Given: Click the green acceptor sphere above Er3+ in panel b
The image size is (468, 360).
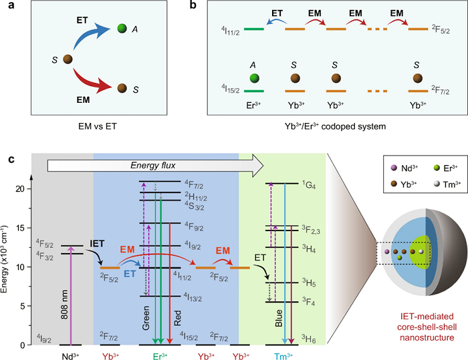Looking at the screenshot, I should (x=254, y=78).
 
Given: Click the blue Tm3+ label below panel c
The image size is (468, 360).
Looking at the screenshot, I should (x=282, y=354).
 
